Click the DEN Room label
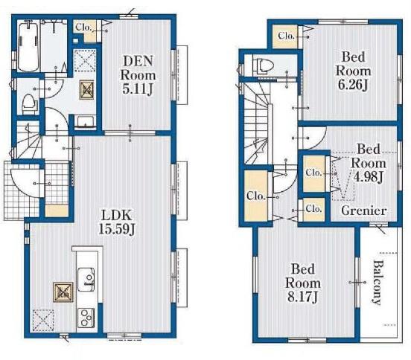click(x=138, y=75)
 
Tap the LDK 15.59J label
click(x=117, y=222)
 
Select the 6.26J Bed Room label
click(x=353, y=71)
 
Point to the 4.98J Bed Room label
click(x=368, y=163)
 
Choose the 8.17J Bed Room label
click(x=303, y=283)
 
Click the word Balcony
click(x=377, y=282)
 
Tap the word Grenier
click(x=364, y=210)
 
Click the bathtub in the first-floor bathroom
click(x=28, y=47)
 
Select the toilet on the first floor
click(x=28, y=103)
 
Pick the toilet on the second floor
click(x=264, y=65)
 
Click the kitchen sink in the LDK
click(x=86, y=279)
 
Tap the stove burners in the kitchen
click(x=86, y=317)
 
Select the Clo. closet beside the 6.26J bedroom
click(x=285, y=36)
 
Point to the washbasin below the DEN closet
click(x=85, y=122)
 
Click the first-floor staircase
click(x=28, y=140)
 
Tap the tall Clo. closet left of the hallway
click(x=257, y=196)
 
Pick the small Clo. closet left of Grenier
click(x=313, y=210)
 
